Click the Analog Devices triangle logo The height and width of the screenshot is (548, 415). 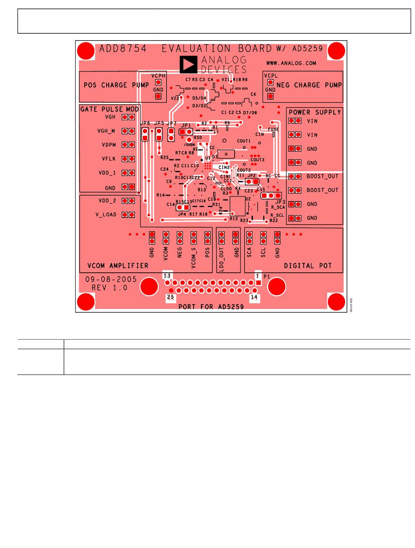188,64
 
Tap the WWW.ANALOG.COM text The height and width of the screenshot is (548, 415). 291,63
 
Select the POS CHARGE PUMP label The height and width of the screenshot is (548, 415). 116,85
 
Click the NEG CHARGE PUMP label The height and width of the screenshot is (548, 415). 309,85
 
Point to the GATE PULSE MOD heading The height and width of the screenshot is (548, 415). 110,109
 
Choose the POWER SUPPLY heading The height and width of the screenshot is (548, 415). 315,112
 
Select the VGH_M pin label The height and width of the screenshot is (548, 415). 106,131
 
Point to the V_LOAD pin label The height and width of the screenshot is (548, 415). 106,215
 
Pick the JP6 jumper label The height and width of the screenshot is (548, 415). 145,124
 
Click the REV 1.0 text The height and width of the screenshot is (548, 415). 109,288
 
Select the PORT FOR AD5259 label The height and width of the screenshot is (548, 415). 211,307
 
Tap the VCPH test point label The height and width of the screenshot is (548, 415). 158,76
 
